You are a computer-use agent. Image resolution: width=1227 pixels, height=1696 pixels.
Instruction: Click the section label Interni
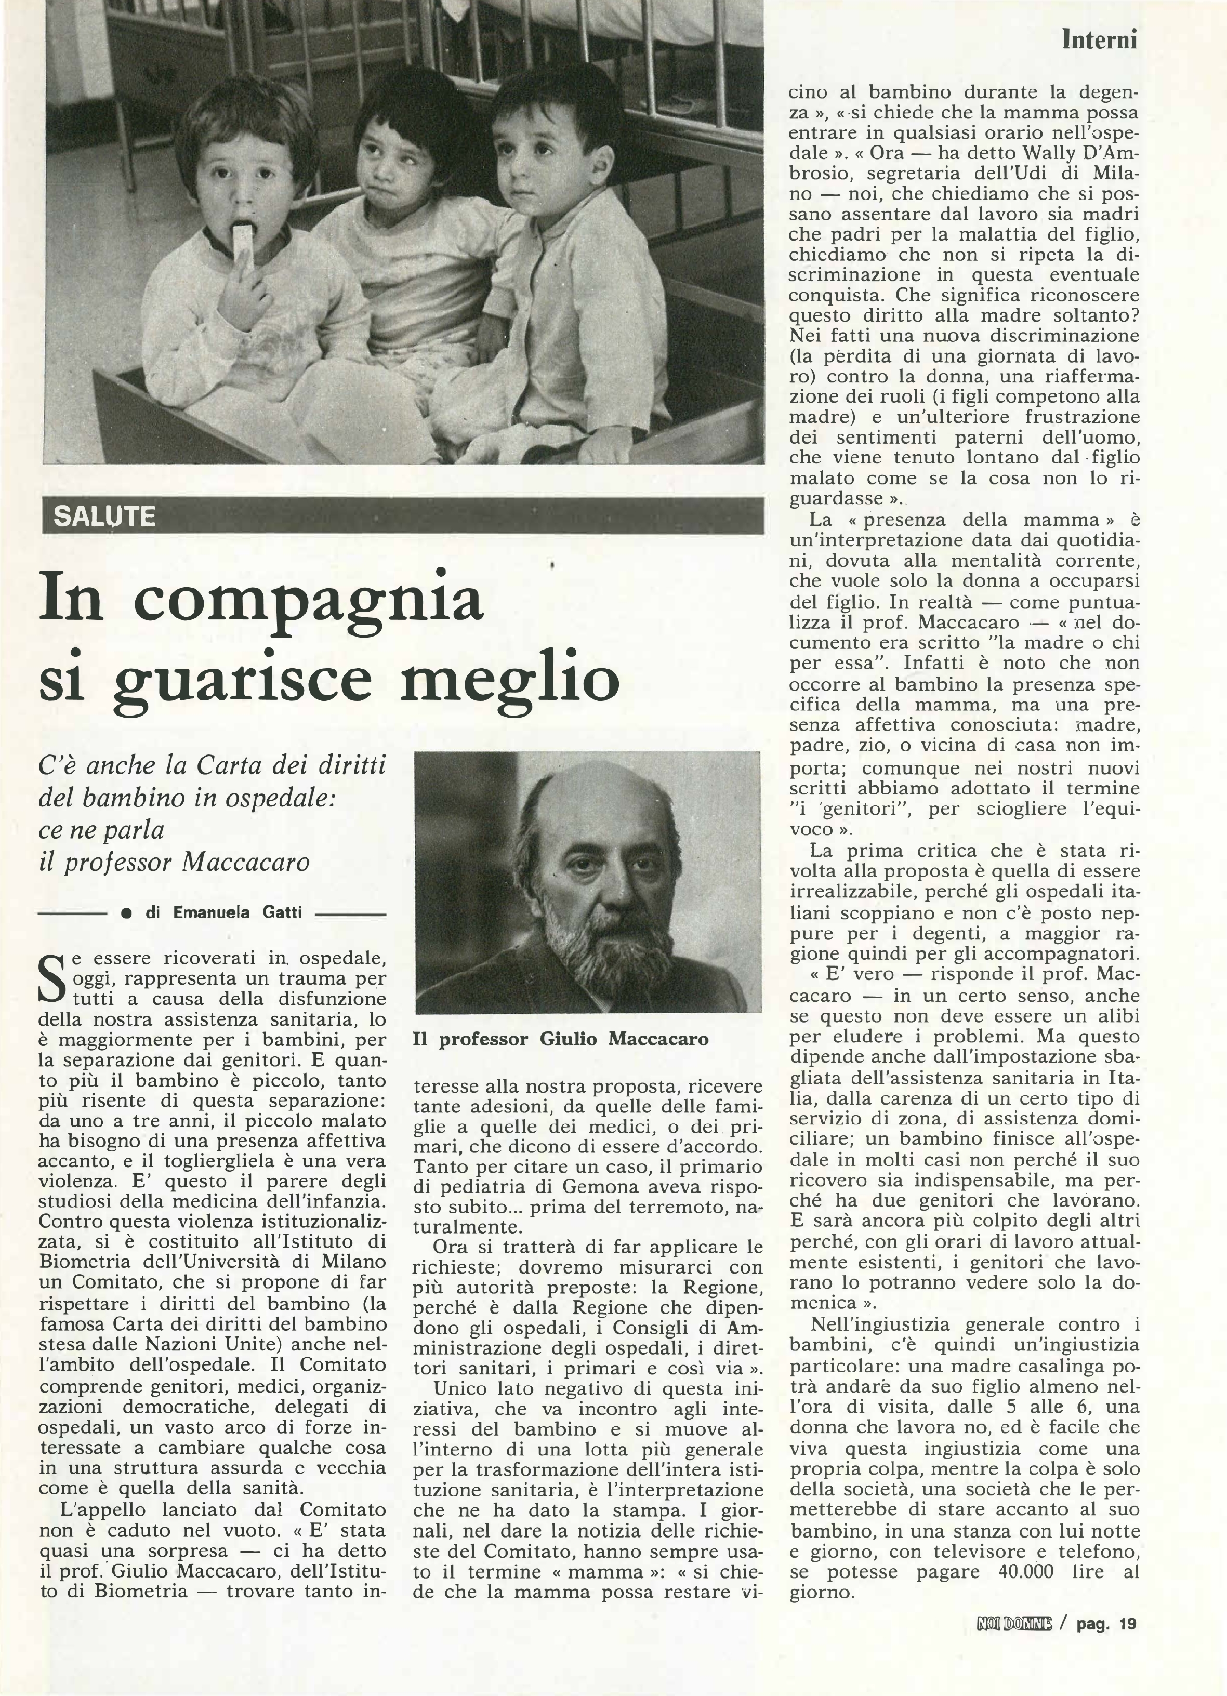pos(1099,39)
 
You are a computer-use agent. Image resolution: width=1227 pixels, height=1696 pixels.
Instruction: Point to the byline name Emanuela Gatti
pos(237,912)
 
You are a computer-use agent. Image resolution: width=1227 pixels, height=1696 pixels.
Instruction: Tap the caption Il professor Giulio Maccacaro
pos(561,1039)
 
